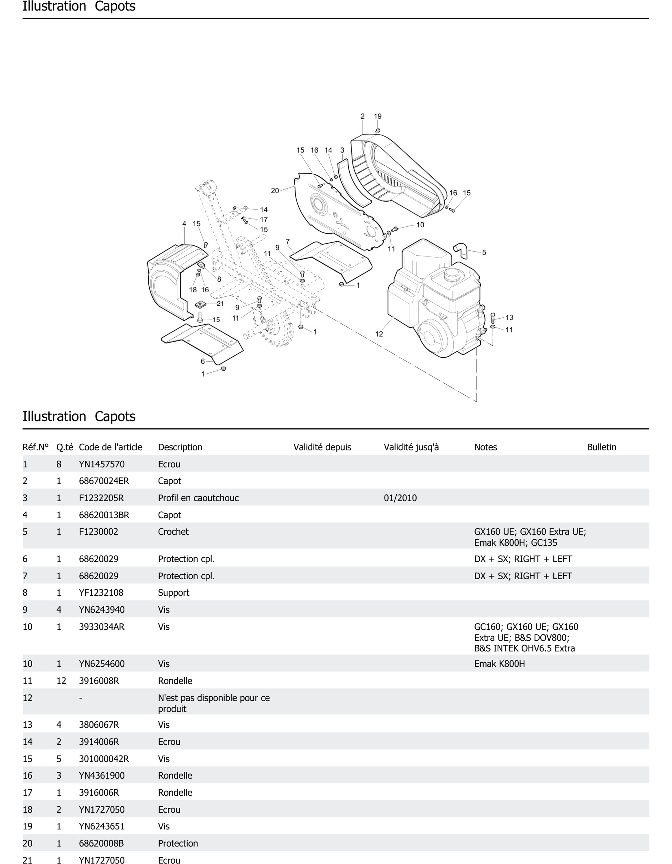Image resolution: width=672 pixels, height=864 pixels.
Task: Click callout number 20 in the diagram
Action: pos(275,191)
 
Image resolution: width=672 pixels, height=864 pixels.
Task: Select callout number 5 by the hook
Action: pos(484,252)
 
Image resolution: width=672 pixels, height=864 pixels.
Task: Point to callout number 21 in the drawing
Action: pos(220,304)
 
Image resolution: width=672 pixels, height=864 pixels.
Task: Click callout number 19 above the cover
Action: pos(377,116)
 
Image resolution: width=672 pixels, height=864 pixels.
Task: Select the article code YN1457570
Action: pos(102,464)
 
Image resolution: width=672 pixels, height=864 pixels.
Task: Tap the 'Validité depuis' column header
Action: pos(322,447)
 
